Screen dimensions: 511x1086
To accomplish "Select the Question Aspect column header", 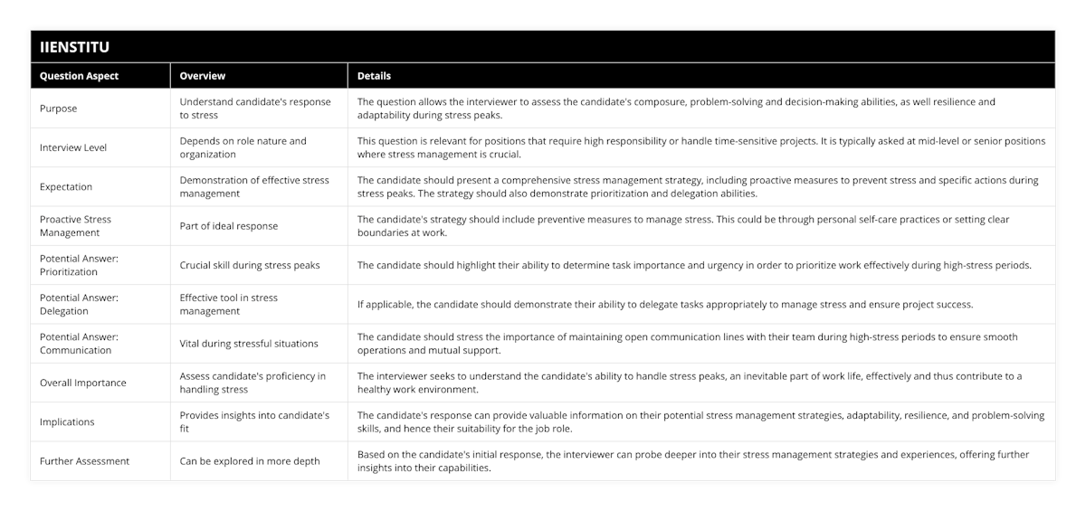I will coord(79,76).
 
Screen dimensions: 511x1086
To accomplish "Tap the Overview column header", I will coord(203,76).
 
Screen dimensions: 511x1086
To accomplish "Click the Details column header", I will coord(375,76).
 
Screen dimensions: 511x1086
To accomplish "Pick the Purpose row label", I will coord(58,109).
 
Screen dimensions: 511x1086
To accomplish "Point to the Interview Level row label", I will coord(73,147).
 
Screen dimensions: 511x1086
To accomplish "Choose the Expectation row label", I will coord(66,186).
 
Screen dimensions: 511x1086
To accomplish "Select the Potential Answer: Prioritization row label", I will coord(80,265).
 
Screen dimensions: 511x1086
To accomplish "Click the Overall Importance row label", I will coord(83,383).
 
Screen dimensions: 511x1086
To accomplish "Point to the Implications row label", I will coord(67,421).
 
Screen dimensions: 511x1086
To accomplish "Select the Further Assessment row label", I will coord(84,461).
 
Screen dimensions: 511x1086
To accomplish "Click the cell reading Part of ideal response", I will coord(229,226).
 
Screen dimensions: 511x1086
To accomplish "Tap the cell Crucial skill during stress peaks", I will coord(250,265).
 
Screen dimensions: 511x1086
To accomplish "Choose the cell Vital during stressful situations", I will coord(249,344).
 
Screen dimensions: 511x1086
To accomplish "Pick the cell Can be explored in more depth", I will coord(250,461).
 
